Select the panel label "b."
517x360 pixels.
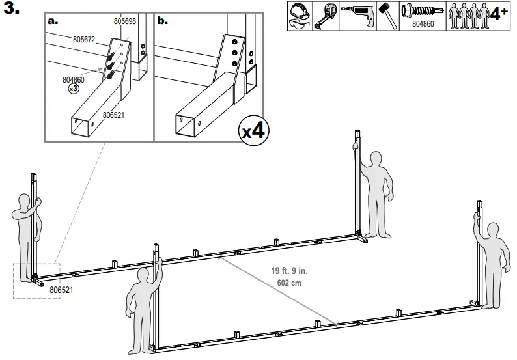163,20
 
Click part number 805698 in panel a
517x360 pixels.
125,21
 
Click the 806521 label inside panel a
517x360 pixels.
115,115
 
